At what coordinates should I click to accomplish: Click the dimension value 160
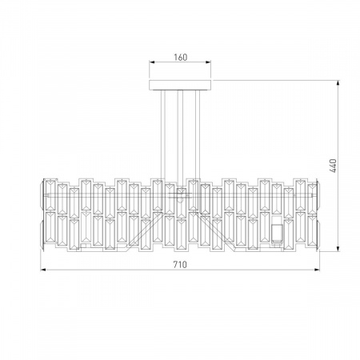click(181, 58)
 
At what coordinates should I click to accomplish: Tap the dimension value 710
click(180, 265)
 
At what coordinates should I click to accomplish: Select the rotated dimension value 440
click(333, 166)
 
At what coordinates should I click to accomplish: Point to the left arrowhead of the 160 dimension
click(152, 62)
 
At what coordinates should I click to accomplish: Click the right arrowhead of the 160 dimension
click(208, 62)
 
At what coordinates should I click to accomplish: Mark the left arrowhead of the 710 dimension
click(43, 270)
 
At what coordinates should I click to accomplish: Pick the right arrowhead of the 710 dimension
click(317, 270)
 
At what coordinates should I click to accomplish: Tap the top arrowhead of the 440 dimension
click(338, 83)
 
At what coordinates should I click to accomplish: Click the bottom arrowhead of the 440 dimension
click(338, 249)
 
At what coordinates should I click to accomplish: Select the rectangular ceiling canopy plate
click(180, 85)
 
